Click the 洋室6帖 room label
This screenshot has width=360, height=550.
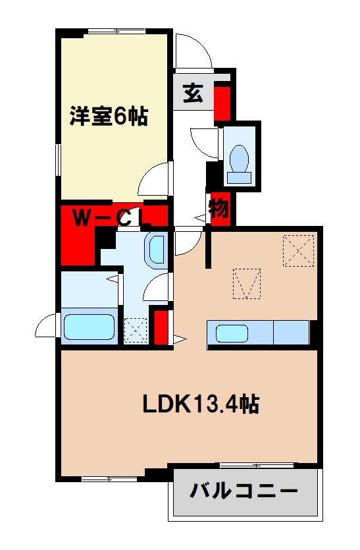point(109,116)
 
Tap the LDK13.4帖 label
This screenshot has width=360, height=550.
point(201,404)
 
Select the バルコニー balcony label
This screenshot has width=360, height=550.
point(244,490)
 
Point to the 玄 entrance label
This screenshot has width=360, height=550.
point(193,93)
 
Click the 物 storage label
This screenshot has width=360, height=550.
point(219,209)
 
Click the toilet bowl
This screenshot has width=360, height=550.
point(240,158)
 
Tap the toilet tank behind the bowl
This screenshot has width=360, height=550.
point(240,177)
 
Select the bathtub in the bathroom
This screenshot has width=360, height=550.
point(90,327)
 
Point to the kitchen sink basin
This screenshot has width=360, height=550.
point(232,333)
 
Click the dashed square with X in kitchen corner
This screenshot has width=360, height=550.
point(298,251)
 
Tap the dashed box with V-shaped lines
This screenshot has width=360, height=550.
point(247,284)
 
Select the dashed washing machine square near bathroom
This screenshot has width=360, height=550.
point(136,330)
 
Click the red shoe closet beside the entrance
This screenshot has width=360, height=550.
point(222,101)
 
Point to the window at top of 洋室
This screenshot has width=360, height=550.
point(116,32)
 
